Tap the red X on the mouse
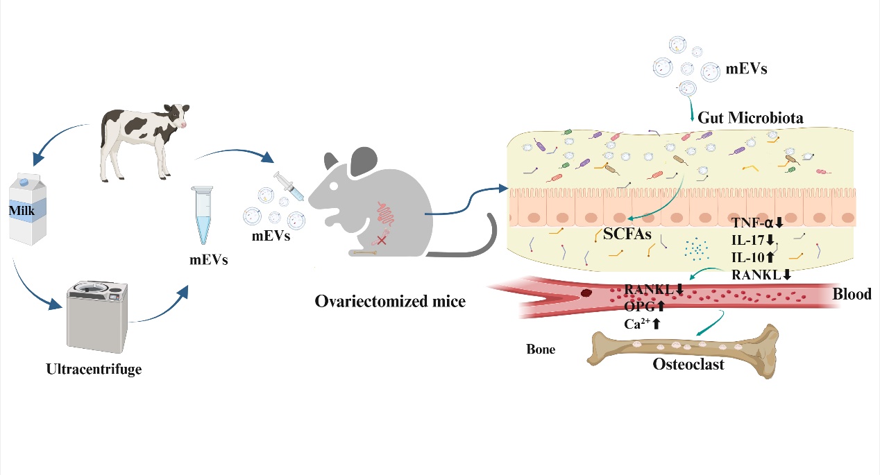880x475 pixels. [380, 240]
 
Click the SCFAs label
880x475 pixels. [627, 234]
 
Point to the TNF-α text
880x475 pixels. [756, 223]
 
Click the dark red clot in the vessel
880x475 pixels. [586, 293]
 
